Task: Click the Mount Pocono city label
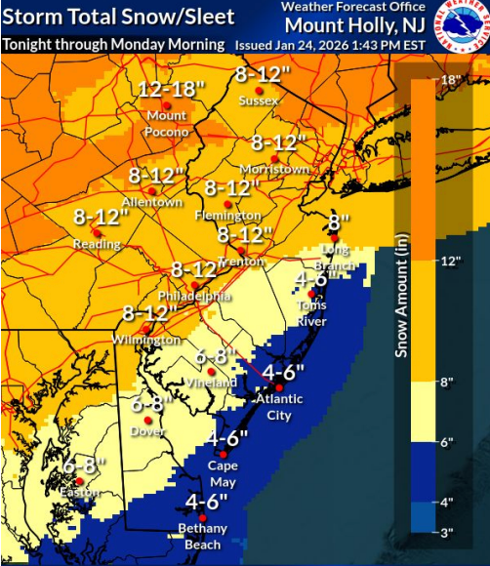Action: click(x=167, y=124)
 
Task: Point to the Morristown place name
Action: click(x=274, y=169)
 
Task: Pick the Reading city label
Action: click(x=97, y=244)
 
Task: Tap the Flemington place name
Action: click(x=232, y=215)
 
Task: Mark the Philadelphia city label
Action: click(x=195, y=296)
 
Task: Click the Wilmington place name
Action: click(x=151, y=340)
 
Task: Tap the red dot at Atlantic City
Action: click(x=278, y=387)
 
